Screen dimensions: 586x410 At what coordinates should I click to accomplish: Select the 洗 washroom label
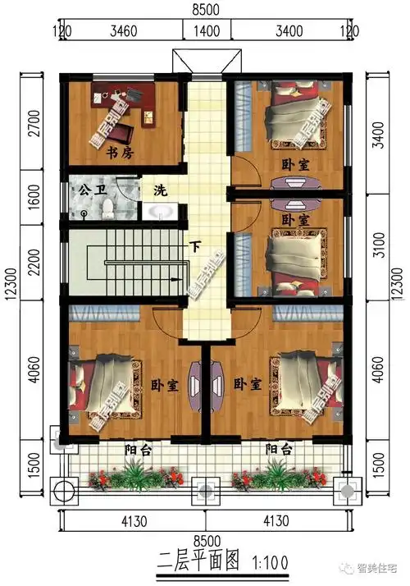[160, 191]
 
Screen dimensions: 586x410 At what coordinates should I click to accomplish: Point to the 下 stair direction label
[194, 245]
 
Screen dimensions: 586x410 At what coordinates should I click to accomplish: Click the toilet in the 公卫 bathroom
[104, 210]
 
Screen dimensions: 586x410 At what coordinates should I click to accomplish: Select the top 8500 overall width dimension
[204, 11]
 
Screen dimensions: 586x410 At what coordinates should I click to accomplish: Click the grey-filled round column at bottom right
[348, 492]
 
